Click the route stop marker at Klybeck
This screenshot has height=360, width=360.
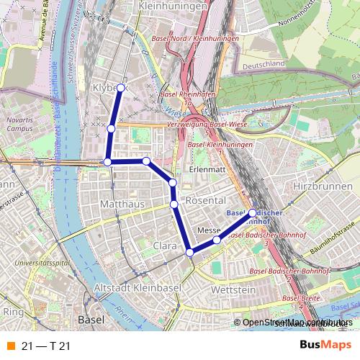pyautogui.click(x=121, y=87)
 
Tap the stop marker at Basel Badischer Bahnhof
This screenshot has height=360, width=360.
pyautogui.click(x=252, y=212)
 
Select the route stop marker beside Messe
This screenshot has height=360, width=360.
pyautogui.click(x=216, y=238)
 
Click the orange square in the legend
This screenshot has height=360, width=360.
pyautogui.click(x=9, y=346)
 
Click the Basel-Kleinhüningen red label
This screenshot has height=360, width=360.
pyautogui.click(x=220, y=145)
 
